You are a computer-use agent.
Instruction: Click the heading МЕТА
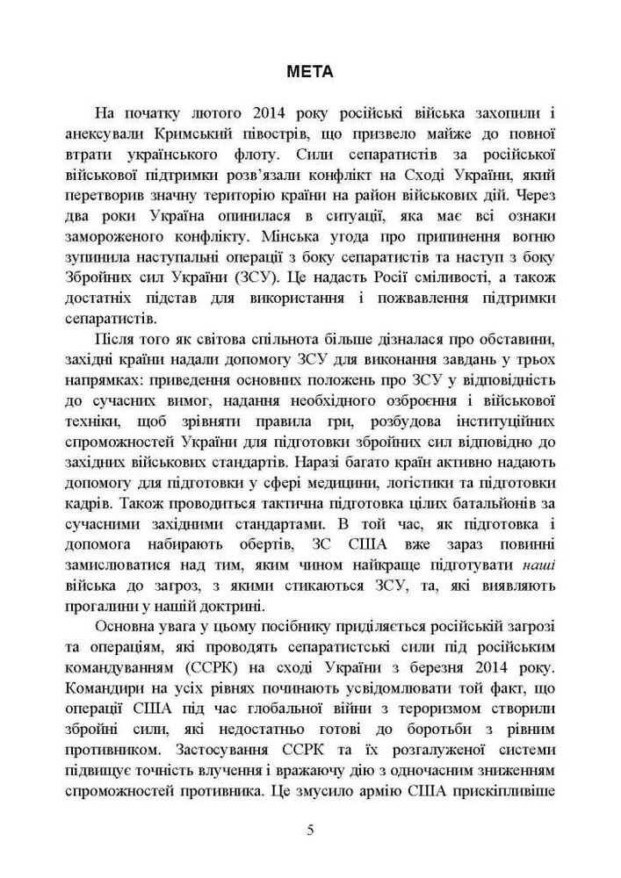[x=310, y=73]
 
